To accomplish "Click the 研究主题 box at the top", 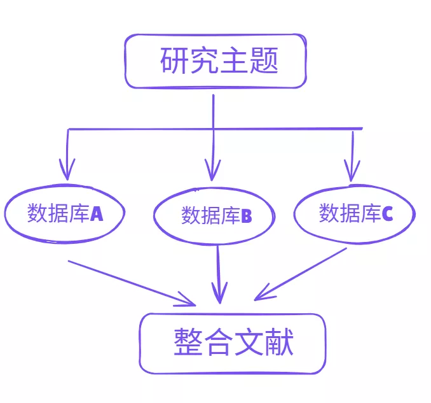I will tap(215, 61).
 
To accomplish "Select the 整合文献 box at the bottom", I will tap(233, 343).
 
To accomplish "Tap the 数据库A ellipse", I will tap(64, 214).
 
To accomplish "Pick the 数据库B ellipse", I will tap(215, 216).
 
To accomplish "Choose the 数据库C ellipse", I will tap(354, 213).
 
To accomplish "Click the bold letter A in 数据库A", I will tap(97, 214).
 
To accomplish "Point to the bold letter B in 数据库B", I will tap(246, 216).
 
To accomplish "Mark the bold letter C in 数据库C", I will tap(387, 214).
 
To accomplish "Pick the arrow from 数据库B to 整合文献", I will tap(219, 274).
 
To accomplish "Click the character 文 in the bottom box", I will tap(248, 343).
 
